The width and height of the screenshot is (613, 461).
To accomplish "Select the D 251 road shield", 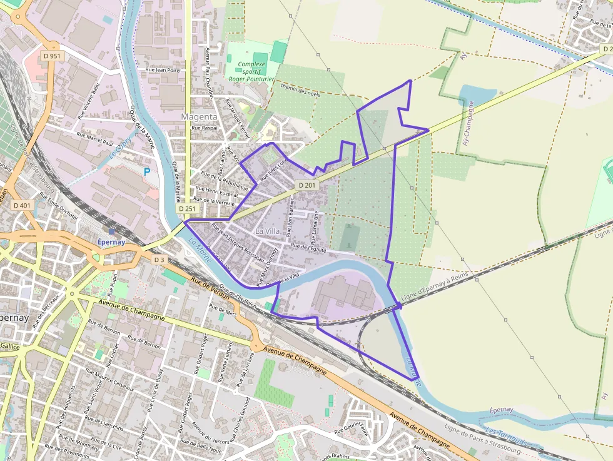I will (187, 209).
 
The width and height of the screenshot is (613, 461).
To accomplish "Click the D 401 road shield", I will (21, 205).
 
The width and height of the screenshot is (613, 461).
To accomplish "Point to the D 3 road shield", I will (160, 259).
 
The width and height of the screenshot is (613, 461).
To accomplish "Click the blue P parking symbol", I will (148, 171).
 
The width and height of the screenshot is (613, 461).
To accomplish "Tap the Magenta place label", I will (199, 117).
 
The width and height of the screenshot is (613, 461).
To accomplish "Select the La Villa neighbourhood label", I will (268, 231).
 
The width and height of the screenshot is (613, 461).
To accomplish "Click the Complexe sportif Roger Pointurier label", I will (251, 71).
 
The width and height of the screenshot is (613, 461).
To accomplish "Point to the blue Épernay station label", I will (111, 242).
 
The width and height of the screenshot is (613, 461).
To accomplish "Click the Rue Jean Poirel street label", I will (163, 71).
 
